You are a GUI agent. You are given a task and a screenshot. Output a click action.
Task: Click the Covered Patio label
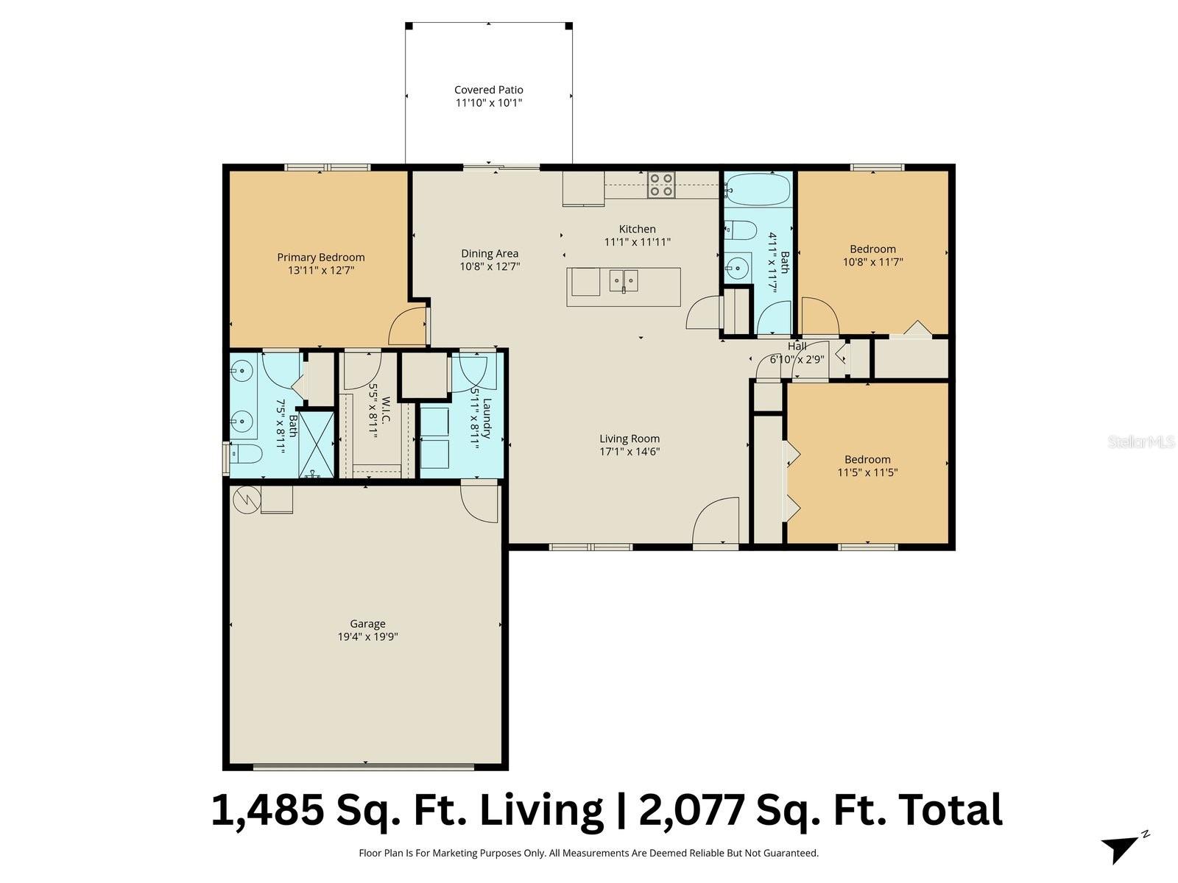489,90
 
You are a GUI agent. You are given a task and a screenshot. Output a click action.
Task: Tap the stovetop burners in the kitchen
661,185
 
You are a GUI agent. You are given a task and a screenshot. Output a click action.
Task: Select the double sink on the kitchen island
624,280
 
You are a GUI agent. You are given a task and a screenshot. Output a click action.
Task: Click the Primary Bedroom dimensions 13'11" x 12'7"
321,270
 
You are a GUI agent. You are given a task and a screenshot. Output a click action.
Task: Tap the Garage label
367,624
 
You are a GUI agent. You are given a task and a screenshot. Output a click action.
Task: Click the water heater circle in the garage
247,500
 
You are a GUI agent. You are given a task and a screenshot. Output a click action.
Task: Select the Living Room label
629,439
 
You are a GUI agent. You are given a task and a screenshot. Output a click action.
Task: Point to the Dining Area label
490,254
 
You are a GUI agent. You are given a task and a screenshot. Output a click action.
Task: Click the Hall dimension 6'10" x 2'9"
797,359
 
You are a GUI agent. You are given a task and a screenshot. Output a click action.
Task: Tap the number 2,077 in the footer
692,811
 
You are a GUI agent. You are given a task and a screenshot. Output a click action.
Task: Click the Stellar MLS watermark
1140,441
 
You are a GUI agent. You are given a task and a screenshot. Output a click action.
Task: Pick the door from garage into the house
479,503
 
